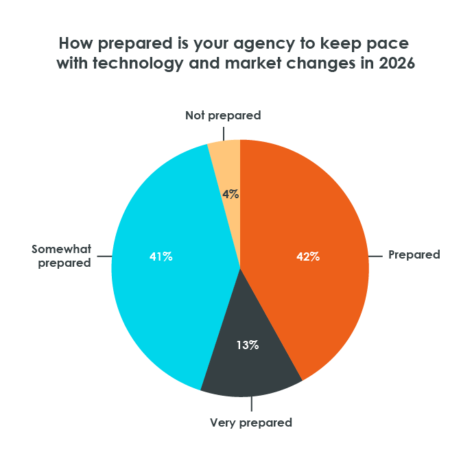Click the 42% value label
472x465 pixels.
click(x=308, y=257)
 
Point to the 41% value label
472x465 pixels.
click(x=161, y=257)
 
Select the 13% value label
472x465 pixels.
click(x=248, y=345)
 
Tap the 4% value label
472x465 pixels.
click(x=231, y=194)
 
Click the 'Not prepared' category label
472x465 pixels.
click(x=223, y=115)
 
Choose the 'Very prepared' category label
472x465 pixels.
click(x=251, y=422)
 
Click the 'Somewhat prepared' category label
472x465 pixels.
click(x=62, y=255)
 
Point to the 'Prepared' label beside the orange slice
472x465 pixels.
click(x=414, y=254)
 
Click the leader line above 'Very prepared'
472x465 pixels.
click(x=250, y=405)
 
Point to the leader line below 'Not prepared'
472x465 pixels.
click(x=224, y=132)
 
